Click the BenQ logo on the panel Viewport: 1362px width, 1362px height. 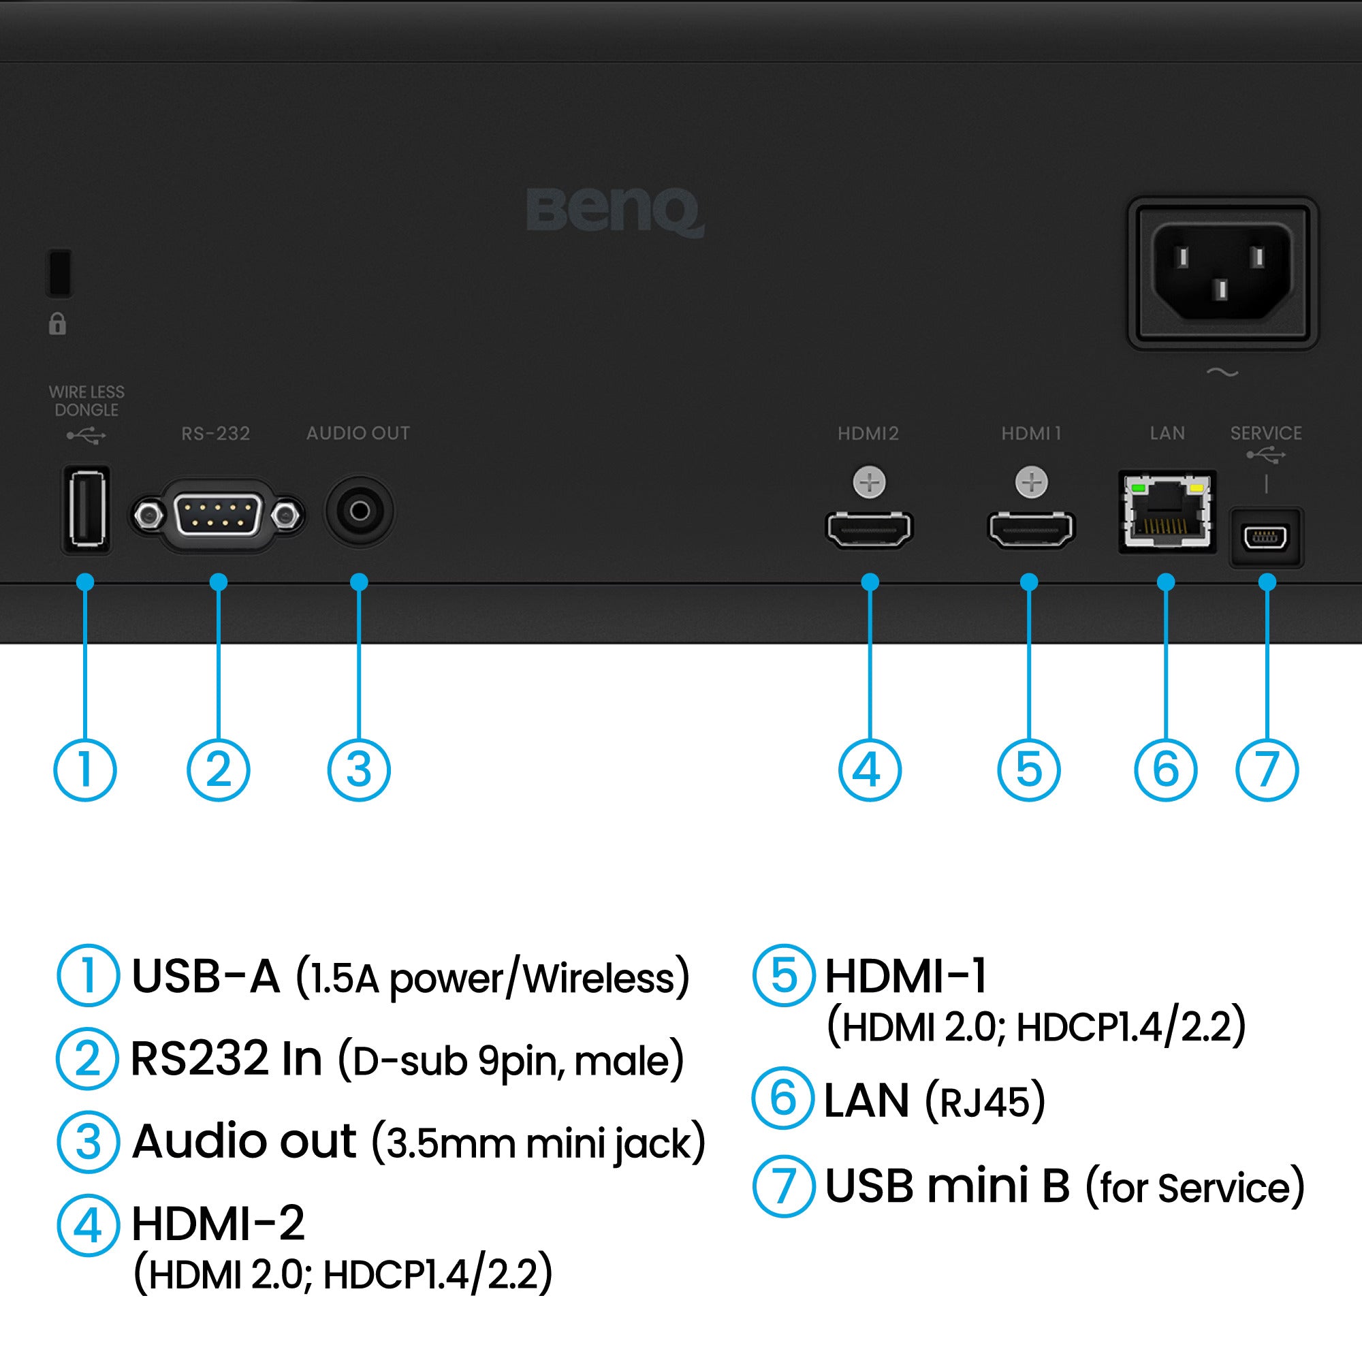click(x=615, y=211)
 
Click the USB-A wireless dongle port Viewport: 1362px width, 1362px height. click(x=86, y=509)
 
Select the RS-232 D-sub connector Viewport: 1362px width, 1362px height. click(x=217, y=516)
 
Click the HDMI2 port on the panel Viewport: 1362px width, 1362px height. click(x=869, y=529)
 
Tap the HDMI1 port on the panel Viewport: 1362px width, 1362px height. click(x=1030, y=529)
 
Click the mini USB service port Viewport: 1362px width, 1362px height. click(x=1266, y=538)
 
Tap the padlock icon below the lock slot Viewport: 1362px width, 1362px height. click(x=58, y=323)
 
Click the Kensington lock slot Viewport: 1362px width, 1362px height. click(x=59, y=272)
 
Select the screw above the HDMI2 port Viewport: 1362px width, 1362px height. click(x=869, y=483)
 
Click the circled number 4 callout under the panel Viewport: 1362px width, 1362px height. click(x=869, y=769)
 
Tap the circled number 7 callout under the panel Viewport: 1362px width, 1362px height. click(x=1267, y=769)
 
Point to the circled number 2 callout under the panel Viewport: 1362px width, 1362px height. click(x=219, y=769)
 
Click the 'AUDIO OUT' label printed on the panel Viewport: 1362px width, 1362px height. click(x=358, y=433)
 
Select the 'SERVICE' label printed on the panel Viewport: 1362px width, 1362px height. click(x=1266, y=433)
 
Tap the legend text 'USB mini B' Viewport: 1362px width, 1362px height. click(x=947, y=1186)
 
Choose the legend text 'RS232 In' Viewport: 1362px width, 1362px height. click(x=226, y=1059)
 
